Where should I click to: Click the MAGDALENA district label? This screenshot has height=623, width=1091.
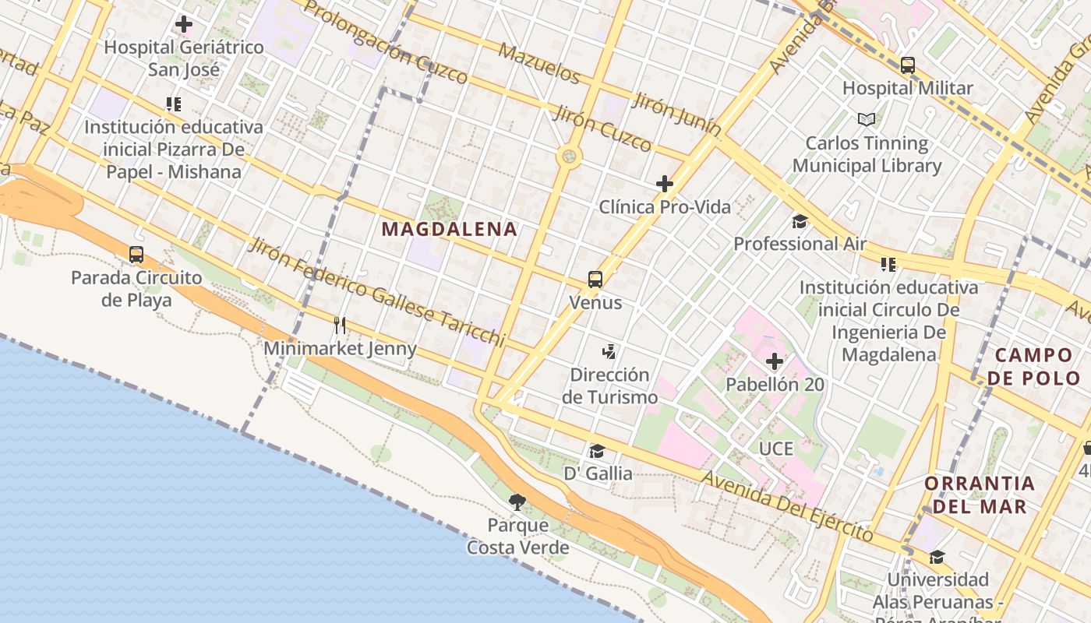tap(450, 229)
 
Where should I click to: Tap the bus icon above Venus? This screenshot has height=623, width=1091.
tap(595, 280)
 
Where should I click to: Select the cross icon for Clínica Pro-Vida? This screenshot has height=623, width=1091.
tap(665, 184)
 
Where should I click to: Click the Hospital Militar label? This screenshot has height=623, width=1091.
tap(907, 88)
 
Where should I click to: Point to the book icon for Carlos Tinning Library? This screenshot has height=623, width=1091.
tap(867, 119)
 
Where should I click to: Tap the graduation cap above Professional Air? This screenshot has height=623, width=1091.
tap(800, 221)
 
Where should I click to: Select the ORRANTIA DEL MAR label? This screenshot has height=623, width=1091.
tap(980, 495)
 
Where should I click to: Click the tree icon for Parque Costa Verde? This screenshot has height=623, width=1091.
tap(517, 502)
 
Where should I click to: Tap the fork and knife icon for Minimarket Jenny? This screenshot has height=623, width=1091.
tap(340, 325)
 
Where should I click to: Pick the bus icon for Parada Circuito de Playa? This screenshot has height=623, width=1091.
tap(136, 254)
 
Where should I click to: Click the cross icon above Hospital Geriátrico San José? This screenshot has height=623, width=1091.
tap(184, 24)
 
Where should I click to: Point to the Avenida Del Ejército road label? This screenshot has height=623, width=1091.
tap(787, 505)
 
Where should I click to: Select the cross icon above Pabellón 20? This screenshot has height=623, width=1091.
tap(775, 361)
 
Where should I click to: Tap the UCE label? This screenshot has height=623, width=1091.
tap(776, 449)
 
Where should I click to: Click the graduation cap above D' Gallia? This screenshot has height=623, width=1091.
tap(598, 451)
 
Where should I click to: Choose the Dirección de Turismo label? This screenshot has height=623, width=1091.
tap(609, 385)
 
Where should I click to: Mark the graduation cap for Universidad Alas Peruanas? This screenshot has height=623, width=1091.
tap(937, 557)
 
